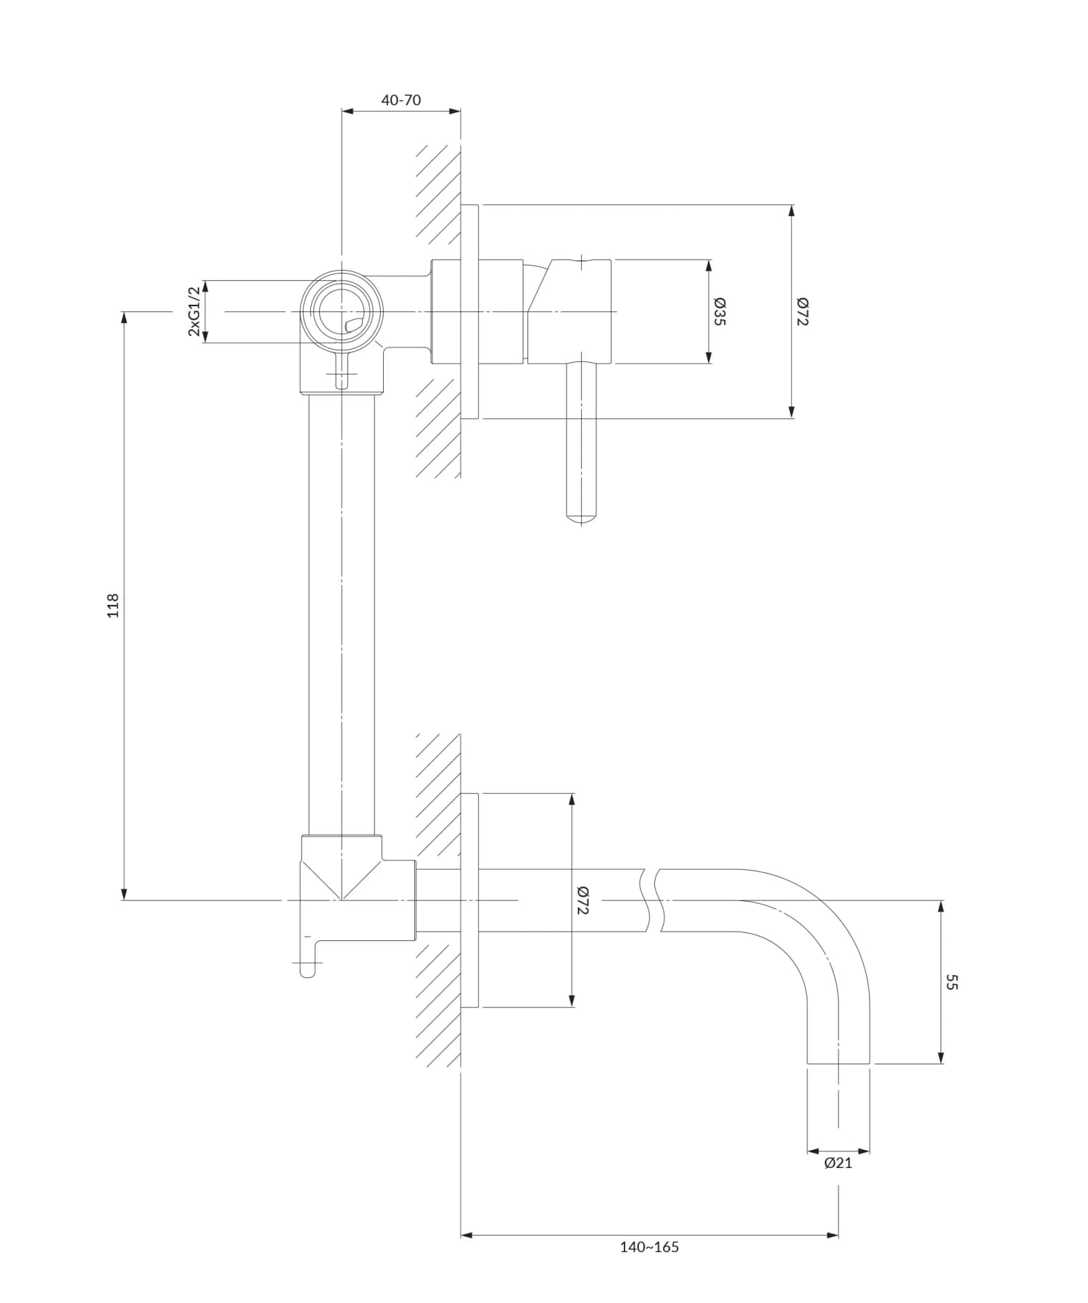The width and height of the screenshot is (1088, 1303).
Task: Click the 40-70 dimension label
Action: (x=401, y=100)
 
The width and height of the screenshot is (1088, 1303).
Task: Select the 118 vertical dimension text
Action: (x=112, y=606)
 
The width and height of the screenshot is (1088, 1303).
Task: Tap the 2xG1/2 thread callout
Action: (x=194, y=311)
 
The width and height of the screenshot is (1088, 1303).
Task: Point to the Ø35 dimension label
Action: (x=719, y=311)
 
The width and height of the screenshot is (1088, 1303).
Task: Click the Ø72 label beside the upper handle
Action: (x=801, y=311)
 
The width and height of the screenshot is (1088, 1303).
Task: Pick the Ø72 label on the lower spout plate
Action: (x=582, y=900)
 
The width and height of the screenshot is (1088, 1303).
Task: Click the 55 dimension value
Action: (x=952, y=982)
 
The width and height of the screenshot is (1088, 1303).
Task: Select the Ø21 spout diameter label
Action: (x=838, y=1163)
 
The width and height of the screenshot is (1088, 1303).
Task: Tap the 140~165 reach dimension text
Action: (x=649, y=1247)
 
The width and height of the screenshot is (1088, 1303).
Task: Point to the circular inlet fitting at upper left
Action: (x=341, y=312)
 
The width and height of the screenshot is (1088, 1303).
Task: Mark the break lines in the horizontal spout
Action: (x=651, y=900)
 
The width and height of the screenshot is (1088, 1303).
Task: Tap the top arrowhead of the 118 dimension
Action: (x=125, y=318)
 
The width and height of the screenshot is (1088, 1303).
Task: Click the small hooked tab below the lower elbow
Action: (x=308, y=962)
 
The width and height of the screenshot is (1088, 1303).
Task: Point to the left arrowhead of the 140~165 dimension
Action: (x=467, y=1235)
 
